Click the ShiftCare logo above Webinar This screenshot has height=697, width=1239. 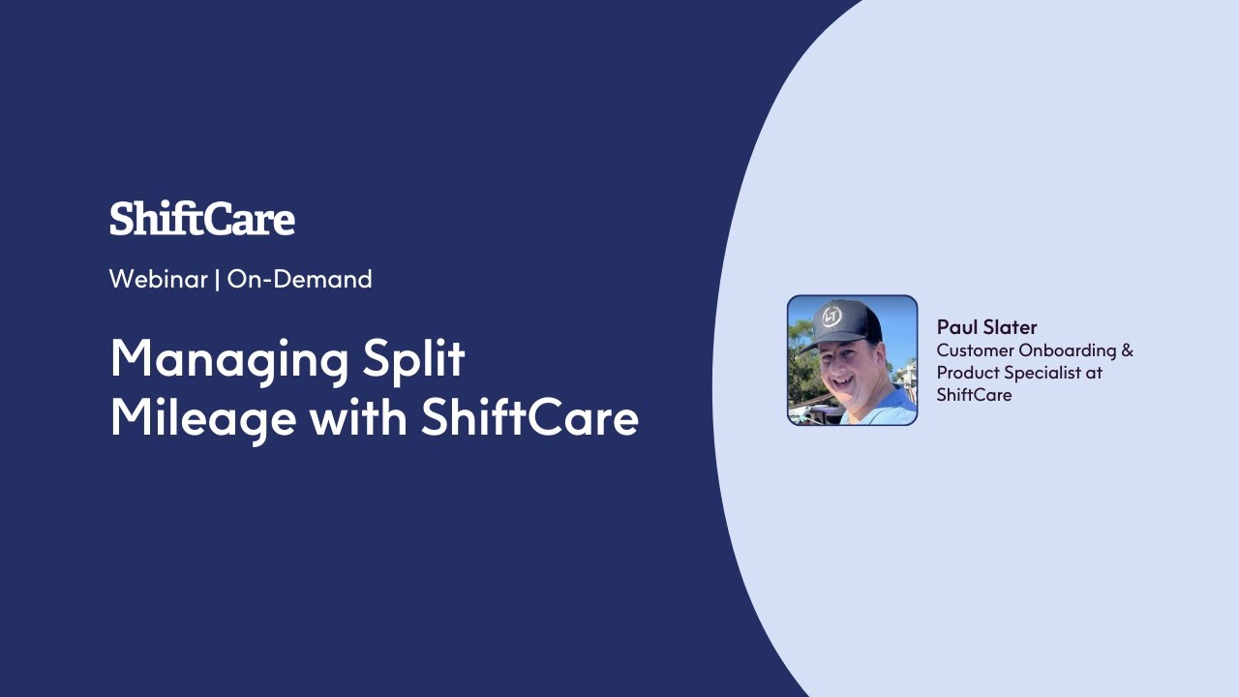(201, 219)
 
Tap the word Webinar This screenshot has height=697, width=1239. (158, 279)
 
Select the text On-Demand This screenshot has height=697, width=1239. (299, 279)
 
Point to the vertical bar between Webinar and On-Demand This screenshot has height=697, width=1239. (217, 279)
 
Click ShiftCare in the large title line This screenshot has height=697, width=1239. (529, 418)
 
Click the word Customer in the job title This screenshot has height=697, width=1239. (975, 350)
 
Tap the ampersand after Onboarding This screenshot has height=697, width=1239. (1127, 350)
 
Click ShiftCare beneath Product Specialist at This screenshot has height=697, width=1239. (974, 395)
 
